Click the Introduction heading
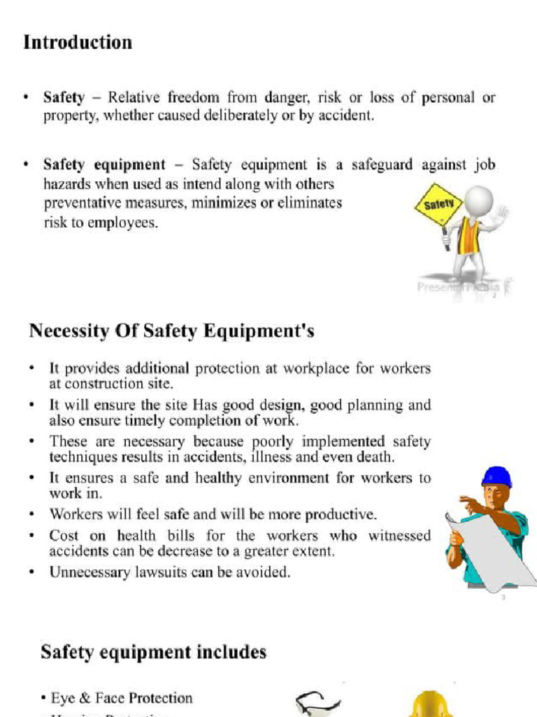click(x=78, y=43)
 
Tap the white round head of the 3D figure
click(x=478, y=200)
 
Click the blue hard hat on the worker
click(x=496, y=477)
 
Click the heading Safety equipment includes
click(x=153, y=652)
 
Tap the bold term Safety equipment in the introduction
click(x=104, y=165)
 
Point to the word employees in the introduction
click(x=124, y=224)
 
